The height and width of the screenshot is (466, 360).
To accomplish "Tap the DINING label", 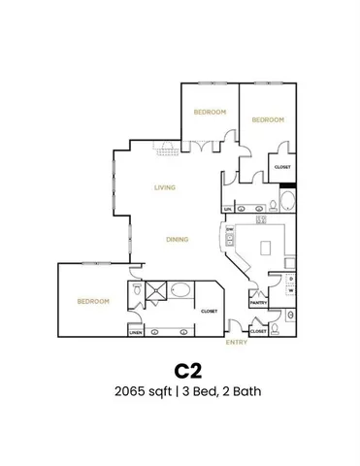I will [x=176, y=239].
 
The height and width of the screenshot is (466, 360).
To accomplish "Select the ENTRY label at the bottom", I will [x=236, y=342].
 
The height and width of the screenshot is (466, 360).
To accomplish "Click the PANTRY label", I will [x=259, y=303].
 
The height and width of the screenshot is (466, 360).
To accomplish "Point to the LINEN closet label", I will [x=136, y=331].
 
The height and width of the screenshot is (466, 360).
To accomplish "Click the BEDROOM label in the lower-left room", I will [x=93, y=301].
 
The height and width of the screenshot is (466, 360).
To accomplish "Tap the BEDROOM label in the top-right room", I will [x=268, y=119].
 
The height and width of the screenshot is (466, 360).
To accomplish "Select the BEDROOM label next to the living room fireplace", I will [x=210, y=112].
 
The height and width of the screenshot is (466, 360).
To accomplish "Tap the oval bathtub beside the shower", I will [x=180, y=289].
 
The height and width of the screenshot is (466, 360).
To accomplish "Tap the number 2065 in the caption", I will [x=132, y=392].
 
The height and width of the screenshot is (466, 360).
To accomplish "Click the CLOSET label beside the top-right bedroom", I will [x=282, y=167].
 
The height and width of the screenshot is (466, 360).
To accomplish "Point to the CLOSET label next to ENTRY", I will [x=258, y=331].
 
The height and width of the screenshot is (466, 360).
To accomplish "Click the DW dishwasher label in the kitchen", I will [x=230, y=230].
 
